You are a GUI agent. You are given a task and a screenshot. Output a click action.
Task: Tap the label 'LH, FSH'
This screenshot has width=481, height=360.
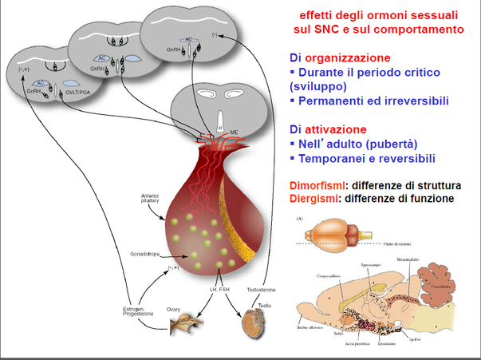coord(220,288)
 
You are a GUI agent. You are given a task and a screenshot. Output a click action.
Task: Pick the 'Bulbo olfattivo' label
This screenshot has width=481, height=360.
coord(307,339)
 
